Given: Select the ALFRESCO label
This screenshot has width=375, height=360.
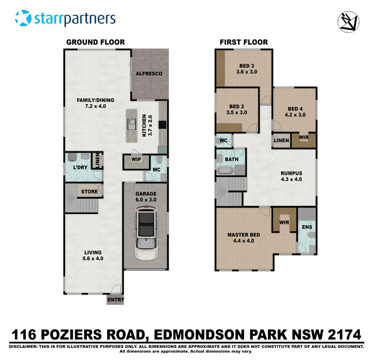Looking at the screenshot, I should point(149,74).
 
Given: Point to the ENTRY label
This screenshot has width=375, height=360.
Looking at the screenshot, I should point(115,300).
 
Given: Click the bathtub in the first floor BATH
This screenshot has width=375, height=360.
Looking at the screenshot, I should point(225,170).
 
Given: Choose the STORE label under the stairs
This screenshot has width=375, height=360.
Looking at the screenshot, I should point(90,192).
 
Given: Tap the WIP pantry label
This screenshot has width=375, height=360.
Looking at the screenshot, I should point(135,159).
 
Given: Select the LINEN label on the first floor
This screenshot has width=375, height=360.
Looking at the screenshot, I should point(281,141).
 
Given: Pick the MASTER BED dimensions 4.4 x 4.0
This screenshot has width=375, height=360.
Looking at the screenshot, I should point(243,241).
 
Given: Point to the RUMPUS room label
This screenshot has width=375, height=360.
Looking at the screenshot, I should point(291,173).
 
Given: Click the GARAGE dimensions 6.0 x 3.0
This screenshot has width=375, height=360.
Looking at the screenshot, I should point(145,199).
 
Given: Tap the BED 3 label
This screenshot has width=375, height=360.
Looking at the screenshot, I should point(247,66).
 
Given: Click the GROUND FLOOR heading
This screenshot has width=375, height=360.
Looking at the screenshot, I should point(95,42).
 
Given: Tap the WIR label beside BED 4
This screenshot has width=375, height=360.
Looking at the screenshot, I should point(304,137).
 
